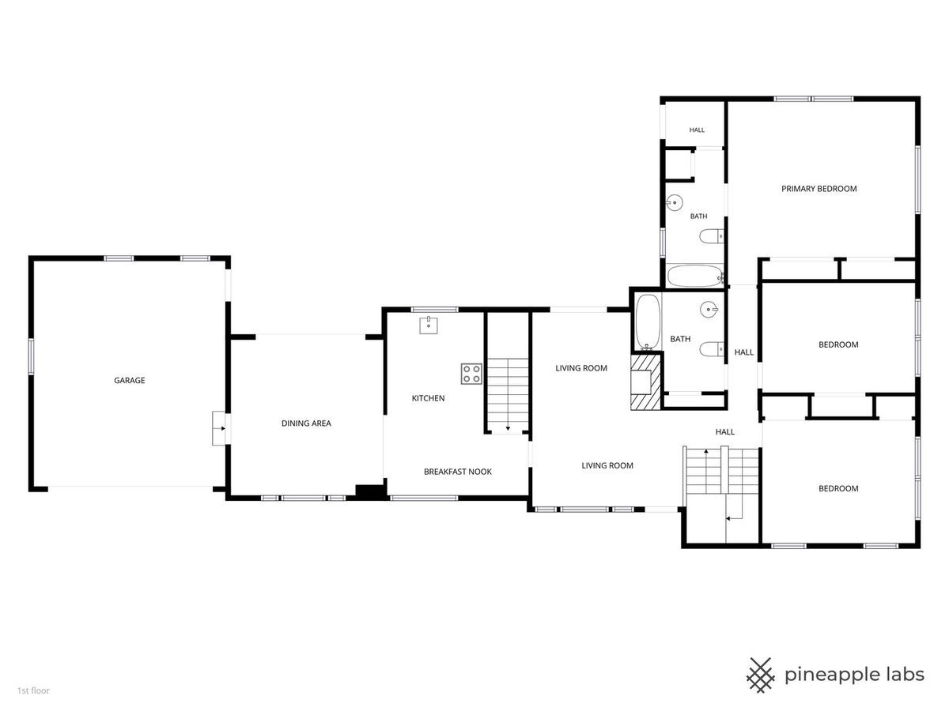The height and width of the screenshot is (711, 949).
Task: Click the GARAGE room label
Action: click(x=129, y=380)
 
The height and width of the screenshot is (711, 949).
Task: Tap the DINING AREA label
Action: click(x=306, y=423)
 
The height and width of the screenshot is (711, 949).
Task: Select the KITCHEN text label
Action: click(x=428, y=398)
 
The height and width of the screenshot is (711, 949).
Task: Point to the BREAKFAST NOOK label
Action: click(x=457, y=472)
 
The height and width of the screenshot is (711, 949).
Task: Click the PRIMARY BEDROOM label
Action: click(x=819, y=189)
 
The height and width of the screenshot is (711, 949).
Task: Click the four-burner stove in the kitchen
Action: click(x=471, y=374)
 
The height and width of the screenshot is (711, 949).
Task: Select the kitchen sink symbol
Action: click(x=428, y=325)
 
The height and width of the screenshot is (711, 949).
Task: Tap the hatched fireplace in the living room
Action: click(x=645, y=382)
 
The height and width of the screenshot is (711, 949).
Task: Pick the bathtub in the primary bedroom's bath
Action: click(x=695, y=276)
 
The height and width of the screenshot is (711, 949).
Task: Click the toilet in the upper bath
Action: click(x=711, y=236)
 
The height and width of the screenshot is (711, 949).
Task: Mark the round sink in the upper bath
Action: click(x=674, y=202)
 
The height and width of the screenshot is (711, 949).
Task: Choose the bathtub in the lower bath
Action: click(x=648, y=322)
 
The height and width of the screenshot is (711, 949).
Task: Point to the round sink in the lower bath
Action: click(x=709, y=309)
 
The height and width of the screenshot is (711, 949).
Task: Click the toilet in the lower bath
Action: click(x=711, y=349)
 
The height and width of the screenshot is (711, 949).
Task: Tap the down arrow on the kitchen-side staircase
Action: click(x=508, y=428)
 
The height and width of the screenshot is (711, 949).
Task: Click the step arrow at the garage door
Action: click(x=222, y=429)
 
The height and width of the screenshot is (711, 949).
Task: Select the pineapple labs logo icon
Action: click(x=761, y=675)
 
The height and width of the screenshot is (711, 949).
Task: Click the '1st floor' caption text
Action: click(x=33, y=690)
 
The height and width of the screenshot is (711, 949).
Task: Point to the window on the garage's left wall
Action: click(x=31, y=356)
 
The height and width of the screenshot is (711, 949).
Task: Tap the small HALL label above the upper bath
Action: click(x=697, y=130)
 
